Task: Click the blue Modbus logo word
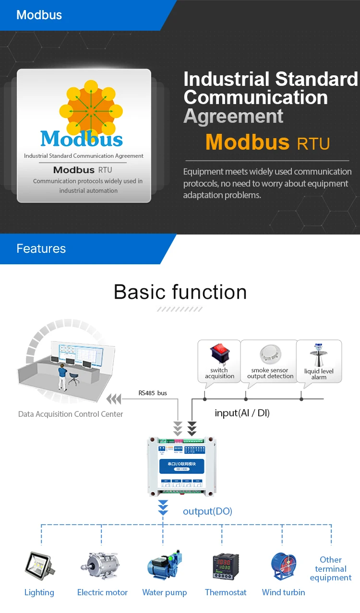coord(82,139)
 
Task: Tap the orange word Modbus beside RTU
coord(248,142)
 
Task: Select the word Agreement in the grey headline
coord(234,117)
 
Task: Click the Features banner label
coord(41,248)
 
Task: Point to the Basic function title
coord(180,292)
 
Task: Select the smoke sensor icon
coord(270,355)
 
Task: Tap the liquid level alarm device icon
coord(318,355)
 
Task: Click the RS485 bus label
coord(153,393)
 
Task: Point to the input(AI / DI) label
coord(242,413)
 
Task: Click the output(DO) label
coord(207,511)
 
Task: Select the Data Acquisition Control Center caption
coord(71,414)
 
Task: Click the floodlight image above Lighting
coord(39,566)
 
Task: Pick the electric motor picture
coord(102,566)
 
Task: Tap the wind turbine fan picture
coord(284,566)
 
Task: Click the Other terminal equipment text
coord(331,569)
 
